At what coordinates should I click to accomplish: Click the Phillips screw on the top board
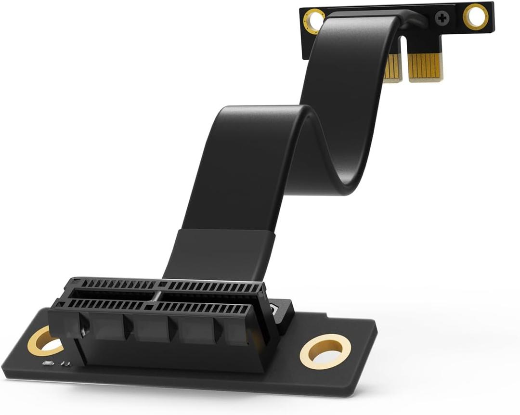(x=442, y=19)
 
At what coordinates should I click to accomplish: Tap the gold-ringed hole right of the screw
(x=475, y=16)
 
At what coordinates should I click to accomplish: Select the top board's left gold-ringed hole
(x=314, y=21)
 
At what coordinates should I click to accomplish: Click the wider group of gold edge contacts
(x=425, y=66)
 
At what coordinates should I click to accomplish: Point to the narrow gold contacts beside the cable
(x=393, y=67)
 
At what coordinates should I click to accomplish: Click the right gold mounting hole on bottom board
(x=325, y=351)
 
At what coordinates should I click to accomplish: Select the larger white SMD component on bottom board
(x=48, y=362)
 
